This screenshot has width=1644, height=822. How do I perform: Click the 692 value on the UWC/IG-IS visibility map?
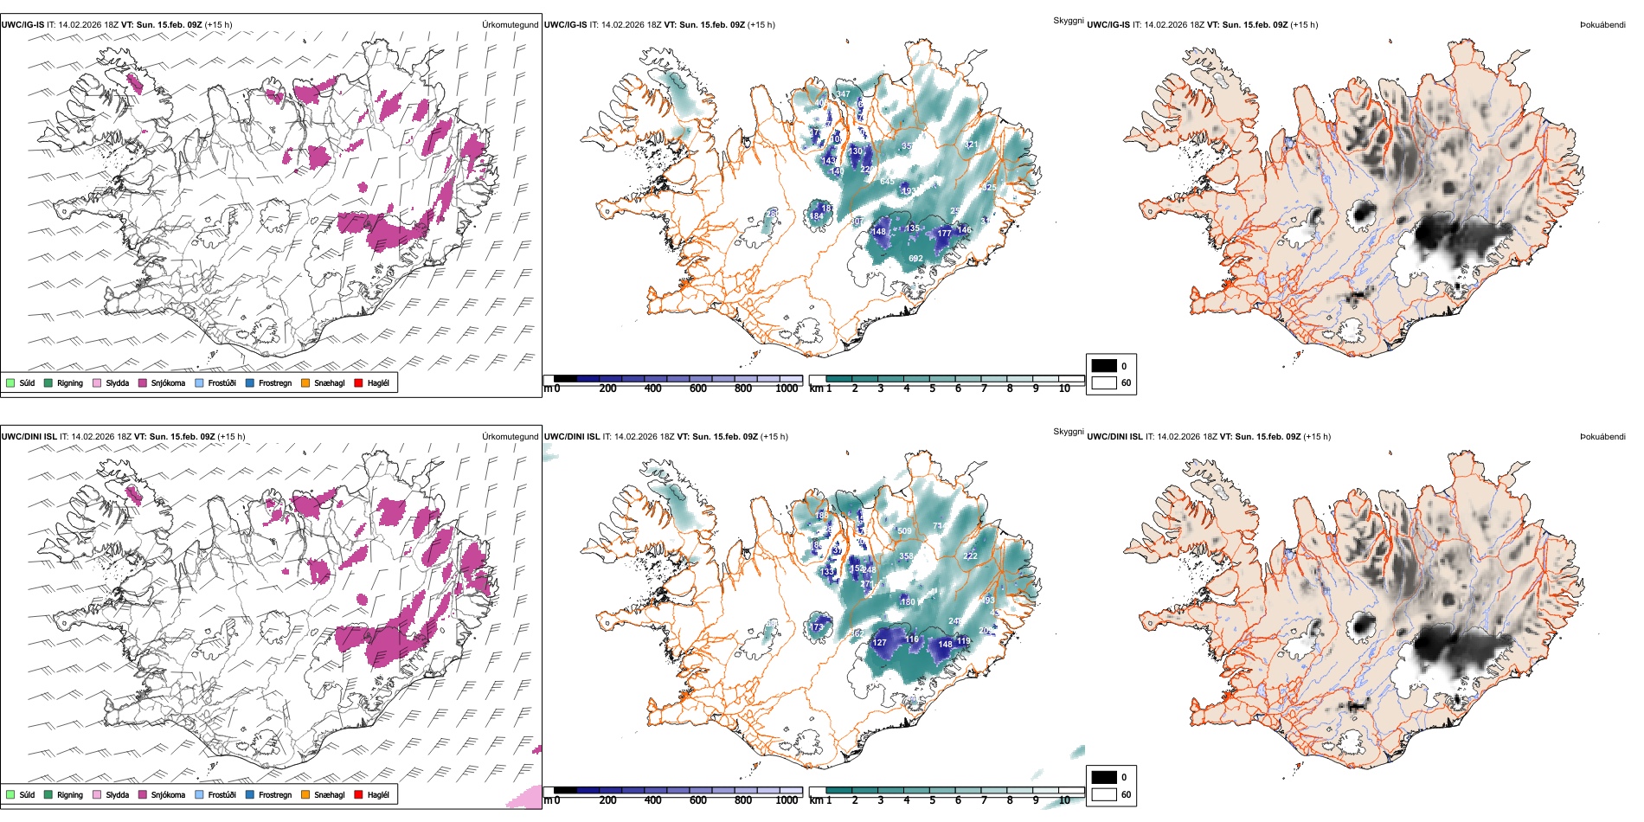915,259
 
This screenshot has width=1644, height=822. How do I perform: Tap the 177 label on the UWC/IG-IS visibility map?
944,234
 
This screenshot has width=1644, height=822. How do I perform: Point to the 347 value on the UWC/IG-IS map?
843,94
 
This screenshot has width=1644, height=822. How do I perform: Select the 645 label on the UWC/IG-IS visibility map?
887,182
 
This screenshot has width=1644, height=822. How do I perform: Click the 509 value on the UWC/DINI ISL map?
904,531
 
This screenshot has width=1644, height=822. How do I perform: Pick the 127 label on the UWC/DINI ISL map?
880,643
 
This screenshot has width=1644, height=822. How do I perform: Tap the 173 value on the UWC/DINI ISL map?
816,627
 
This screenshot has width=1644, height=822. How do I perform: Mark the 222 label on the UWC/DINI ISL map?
970,556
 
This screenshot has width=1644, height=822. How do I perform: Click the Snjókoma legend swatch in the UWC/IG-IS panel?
143,383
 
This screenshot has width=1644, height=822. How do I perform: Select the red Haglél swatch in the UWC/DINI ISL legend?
359,795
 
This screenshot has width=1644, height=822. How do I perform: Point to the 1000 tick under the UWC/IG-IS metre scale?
787,389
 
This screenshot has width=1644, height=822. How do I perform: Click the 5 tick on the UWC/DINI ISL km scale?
932,800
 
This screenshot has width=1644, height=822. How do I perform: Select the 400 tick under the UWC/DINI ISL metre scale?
652,800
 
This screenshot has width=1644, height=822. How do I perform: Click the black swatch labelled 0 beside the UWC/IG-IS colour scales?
1104,366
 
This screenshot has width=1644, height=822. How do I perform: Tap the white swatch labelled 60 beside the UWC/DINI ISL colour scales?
1104,794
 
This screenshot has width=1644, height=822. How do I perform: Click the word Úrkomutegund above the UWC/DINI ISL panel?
510,436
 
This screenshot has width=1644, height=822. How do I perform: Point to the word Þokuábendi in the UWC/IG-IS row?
1602,25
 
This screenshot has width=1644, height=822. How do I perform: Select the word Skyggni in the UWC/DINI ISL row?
1068,432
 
